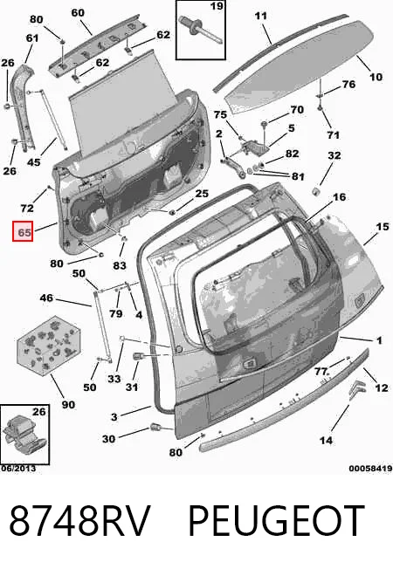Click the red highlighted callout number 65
point(23,231)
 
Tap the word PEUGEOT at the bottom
point(276,521)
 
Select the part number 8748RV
point(79,521)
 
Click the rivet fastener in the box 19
point(196,29)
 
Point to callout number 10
point(376,77)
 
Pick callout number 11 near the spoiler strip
point(261,16)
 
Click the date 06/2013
point(18,469)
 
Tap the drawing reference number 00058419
point(370,469)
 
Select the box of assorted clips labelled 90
point(49,345)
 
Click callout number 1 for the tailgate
point(379,340)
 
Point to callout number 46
point(46,298)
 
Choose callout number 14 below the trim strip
point(326,440)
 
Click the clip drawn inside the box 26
point(24,435)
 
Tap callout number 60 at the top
point(78,13)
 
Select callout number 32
point(334,155)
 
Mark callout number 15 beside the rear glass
point(383,227)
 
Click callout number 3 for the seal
point(114,417)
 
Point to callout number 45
point(34,161)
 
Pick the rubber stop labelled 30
point(155,428)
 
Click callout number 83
point(120,265)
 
